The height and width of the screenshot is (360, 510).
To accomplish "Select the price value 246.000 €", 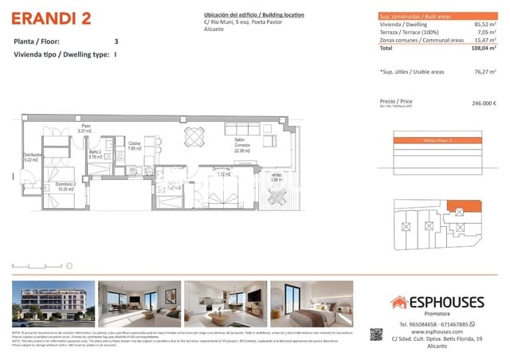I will click(484, 103).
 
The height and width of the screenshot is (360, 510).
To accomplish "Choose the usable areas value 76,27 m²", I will click(484, 72).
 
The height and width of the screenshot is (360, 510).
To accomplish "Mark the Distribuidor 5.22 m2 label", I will click(33, 158).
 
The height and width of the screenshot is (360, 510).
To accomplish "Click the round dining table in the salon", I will click(194, 137).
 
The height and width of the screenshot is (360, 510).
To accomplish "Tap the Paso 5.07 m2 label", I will click(85, 128).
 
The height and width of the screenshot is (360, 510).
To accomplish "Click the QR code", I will click(378, 336).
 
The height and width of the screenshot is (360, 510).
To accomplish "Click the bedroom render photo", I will click(312, 303).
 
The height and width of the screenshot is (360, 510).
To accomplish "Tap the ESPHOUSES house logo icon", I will click(398, 303).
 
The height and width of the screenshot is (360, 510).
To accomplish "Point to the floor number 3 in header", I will click(116, 41).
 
